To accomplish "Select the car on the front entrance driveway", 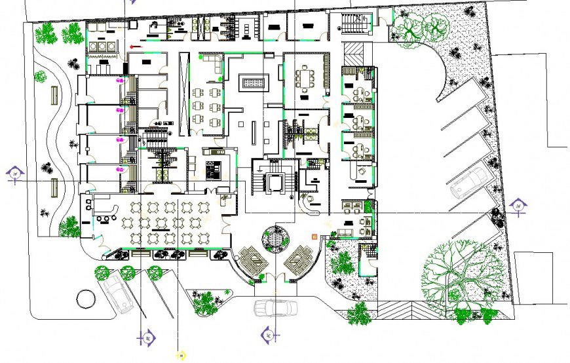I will tap(275, 307).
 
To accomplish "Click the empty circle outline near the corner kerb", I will tap(86, 299).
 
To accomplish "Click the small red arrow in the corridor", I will tap(135, 47).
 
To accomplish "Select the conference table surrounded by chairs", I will tap(305, 78).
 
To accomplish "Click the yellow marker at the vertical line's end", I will tap(180, 355).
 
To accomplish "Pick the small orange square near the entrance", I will tap(314, 236).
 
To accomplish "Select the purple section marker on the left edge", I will tap(15, 174).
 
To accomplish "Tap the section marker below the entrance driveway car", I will tap(269, 336).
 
